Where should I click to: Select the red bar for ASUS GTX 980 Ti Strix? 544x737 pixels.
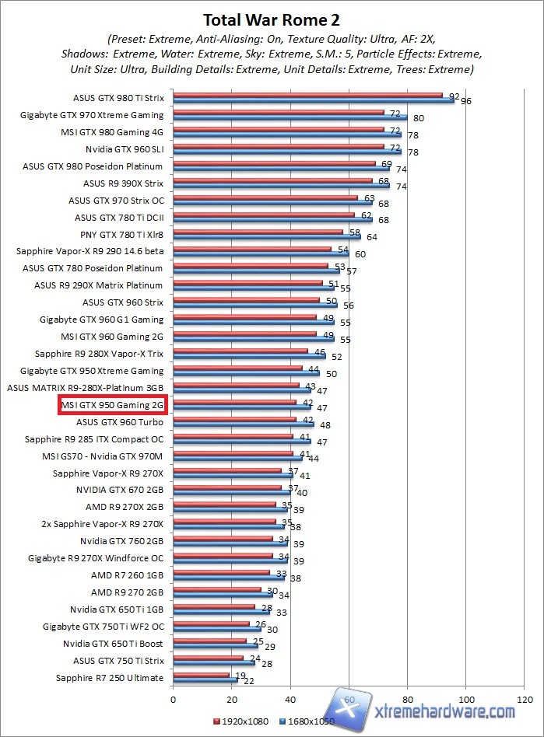pos(307,96)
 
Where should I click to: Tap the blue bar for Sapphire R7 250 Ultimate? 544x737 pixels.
pos(205,680)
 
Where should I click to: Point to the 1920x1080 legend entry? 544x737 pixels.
pos(240,721)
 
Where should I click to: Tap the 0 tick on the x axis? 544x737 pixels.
pos(173,699)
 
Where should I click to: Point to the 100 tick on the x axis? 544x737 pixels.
pos(465,699)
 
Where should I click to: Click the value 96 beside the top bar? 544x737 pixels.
pos(466,101)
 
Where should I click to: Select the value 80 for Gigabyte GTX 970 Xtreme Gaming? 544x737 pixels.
pos(419,118)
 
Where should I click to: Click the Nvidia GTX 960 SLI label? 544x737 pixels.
pos(125,149)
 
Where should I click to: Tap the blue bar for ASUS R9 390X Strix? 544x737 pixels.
pos(281,185)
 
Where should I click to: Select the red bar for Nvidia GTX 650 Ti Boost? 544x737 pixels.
pos(209,641)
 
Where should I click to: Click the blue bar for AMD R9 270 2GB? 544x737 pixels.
pos(223,595)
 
